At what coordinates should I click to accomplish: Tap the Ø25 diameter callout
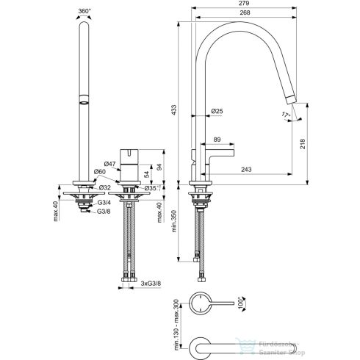(x=217, y=111)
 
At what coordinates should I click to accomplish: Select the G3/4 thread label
(x=104, y=203)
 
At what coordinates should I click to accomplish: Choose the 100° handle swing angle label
(x=240, y=303)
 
